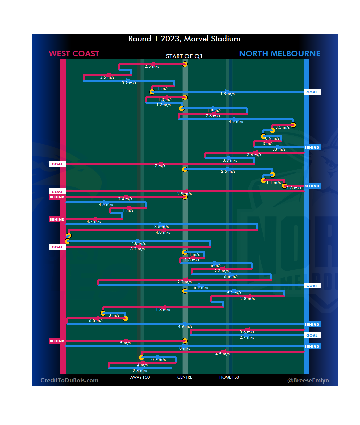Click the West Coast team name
74,54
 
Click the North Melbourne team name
279,54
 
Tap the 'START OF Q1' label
184,56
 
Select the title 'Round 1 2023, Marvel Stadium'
184,39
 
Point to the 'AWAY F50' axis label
140,377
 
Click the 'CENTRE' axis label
185,377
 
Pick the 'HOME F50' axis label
229,377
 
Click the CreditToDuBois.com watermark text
69,380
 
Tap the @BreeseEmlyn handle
308,380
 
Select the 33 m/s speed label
279,149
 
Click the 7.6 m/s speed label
213,116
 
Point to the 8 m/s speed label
185,348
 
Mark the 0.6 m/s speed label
272,138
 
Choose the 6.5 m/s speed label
96,321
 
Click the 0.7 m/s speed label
158,360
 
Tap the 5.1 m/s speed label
234,293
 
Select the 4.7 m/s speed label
94,221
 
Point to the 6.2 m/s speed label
201,288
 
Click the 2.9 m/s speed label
184,194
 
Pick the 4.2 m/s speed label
236,122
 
